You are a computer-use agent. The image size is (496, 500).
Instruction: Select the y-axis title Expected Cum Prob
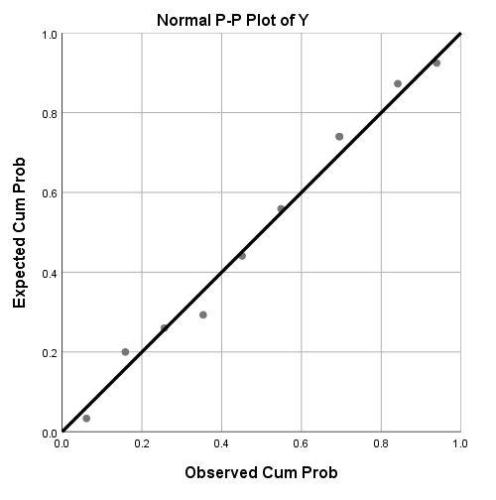21,232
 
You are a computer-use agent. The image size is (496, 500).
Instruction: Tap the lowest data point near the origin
86,419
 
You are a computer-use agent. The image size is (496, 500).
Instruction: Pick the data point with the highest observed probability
436,62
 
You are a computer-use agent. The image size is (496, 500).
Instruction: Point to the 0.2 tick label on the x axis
142,445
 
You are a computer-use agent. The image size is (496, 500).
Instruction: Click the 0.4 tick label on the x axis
221,445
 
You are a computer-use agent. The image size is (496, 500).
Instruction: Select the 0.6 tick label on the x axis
301,445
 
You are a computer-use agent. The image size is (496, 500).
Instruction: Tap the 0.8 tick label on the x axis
381,445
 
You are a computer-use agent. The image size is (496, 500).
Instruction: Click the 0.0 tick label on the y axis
47,433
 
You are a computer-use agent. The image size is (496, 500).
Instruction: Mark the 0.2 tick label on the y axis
47,352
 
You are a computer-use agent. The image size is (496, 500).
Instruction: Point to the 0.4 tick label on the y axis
47,273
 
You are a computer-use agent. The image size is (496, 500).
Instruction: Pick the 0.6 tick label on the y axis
47,192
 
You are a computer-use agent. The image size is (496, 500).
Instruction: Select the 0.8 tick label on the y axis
47,113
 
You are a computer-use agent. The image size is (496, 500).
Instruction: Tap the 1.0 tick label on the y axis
47,34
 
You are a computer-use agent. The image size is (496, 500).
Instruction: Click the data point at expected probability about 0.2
125,351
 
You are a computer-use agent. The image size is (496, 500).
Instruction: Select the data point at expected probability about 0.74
339,137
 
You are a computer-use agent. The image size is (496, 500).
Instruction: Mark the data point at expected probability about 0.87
398,83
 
